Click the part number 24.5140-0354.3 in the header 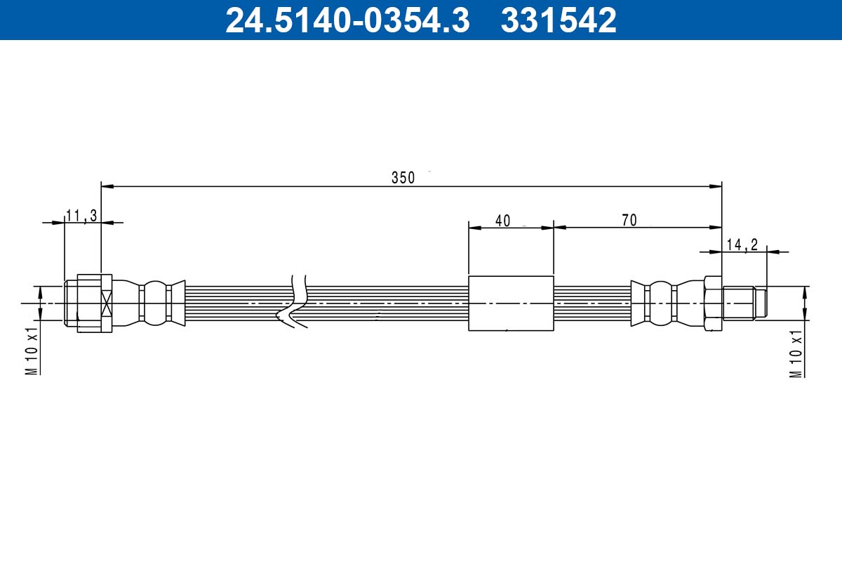[x=347, y=20]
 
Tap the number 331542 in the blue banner [x=559, y=20]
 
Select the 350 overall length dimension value [x=403, y=178]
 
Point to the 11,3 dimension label [x=81, y=216]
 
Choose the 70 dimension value [x=629, y=220]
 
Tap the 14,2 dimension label [x=742, y=245]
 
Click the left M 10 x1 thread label [x=32, y=351]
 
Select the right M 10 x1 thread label [x=796, y=353]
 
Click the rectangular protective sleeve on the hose [x=511, y=303]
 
